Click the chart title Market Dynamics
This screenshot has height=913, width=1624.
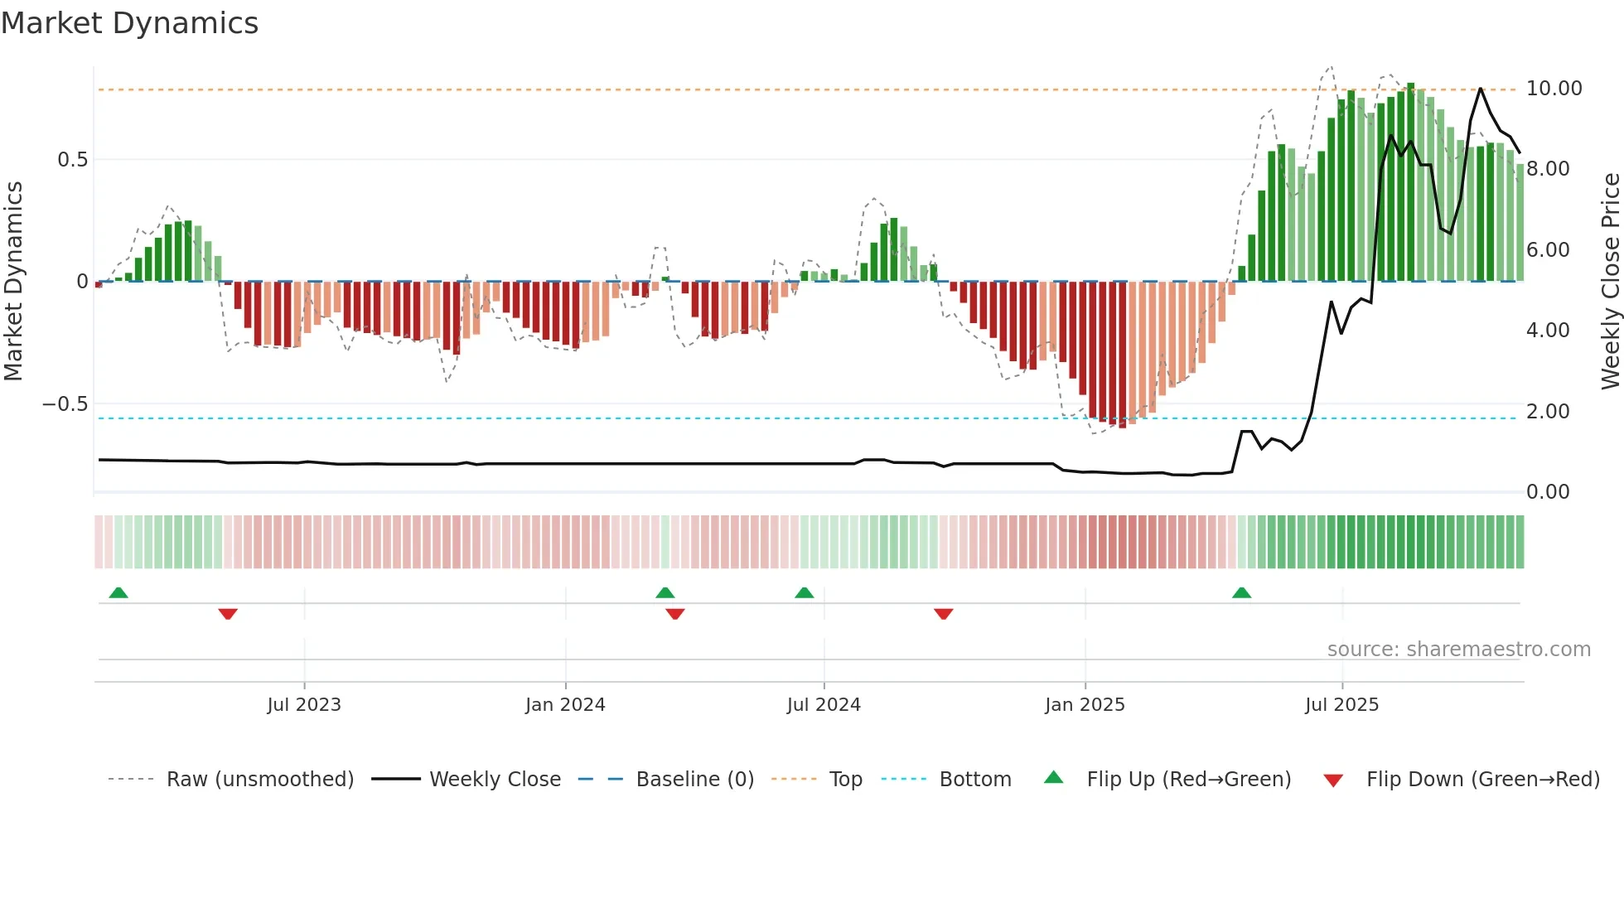point(129,23)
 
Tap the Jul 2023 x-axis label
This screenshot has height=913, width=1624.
point(304,705)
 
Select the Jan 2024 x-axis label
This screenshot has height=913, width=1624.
point(565,705)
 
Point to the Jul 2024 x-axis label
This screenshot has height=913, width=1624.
point(824,705)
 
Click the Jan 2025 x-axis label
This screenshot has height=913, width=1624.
point(1085,705)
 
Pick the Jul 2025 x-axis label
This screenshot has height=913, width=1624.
point(1341,705)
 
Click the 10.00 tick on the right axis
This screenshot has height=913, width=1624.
point(1554,89)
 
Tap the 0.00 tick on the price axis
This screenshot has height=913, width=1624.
point(1548,492)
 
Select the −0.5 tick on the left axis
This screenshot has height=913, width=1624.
point(65,404)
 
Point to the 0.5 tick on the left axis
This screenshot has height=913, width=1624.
point(72,160)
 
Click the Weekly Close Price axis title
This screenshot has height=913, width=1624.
point(1610,281)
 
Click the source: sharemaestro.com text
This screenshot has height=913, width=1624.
point(1458,650)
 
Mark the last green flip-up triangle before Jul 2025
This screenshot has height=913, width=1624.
point(1241,593)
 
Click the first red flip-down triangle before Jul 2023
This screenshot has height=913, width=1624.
point(228,614)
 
